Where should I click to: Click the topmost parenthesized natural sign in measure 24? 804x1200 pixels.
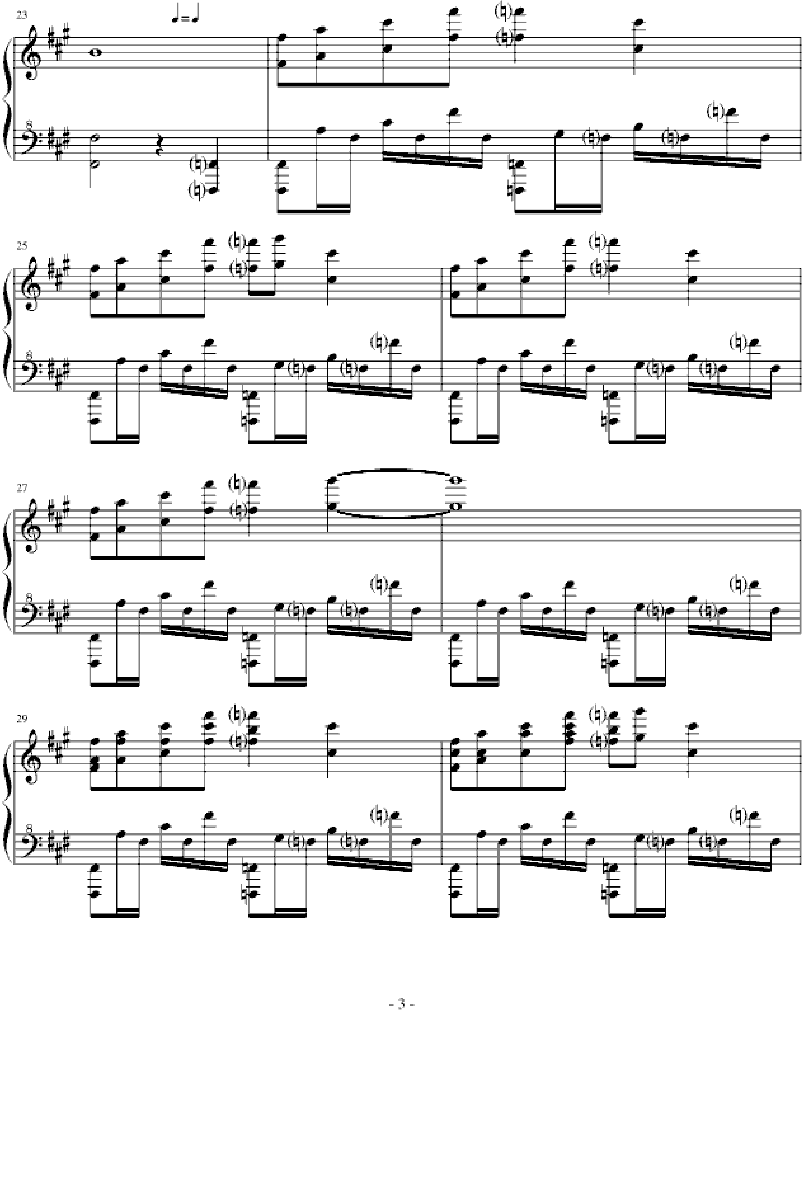(503, 11)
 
